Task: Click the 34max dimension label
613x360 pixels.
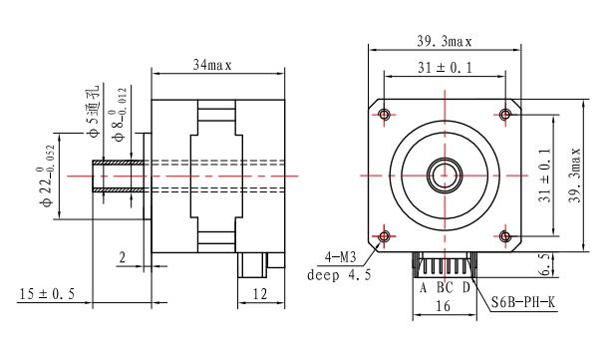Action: click(212, 65)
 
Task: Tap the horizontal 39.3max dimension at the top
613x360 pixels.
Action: click(445, 42)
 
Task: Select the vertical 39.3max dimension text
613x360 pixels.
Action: click(575, 175)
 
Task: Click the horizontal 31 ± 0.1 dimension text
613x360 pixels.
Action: click(445, 68)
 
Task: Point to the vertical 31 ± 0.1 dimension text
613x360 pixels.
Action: click(544, 175)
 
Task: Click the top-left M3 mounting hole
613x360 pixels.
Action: click(385, 115)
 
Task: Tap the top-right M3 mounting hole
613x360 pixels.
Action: click(505, 115)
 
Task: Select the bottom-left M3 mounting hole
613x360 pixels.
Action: click(385, 236)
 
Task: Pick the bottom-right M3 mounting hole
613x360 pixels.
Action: click(505, 236)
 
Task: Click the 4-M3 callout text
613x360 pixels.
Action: click(341, 257)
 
